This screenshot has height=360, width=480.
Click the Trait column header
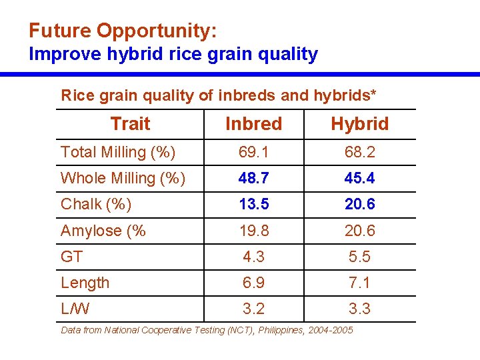tap(130, 124)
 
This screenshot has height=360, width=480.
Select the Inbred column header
tap(253, 124)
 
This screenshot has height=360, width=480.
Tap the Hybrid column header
tap(359, 124)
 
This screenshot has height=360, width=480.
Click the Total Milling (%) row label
tap(118, 153)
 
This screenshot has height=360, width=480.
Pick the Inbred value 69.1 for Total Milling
tap(253, 153)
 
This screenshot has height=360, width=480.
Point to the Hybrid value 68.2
tap(359, 153)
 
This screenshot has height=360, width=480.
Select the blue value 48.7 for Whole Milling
tap(253, 179)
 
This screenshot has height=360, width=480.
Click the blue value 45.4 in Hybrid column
tap(359, 179)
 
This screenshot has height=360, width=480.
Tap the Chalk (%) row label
tap(96, 205)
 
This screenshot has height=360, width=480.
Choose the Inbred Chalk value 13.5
tap(253, 205)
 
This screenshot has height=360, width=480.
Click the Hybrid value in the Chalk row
tap(359, 205)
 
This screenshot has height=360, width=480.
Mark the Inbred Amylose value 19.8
tap(253, 231)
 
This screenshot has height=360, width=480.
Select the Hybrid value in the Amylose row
tap(359, 231)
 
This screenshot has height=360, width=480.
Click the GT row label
tap(71, 257)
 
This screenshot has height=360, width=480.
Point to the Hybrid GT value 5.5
tap(359, 257)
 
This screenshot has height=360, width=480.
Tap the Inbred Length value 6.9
tap(253, 283)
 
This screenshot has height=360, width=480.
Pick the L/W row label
tap(75, 309)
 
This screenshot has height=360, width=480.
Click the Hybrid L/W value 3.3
tap(359, 309)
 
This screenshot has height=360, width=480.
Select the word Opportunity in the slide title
tap(156, 31)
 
